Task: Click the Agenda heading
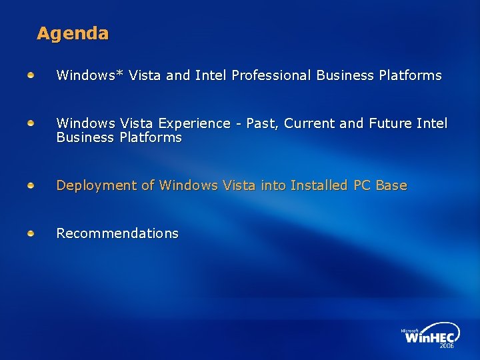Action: pyautogui.click(x=73, y=33)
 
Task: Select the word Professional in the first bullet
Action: pyautogui.click(x=271, y=75)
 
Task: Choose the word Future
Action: pyautogui.click(x=386, y=123)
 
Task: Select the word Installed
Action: pyautogui.click(x=317, y=185)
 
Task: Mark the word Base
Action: pyautogui.click(x=391, y=185)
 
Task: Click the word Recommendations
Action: pyautogui.click(x=117, y=233)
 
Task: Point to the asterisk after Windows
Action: pyautogui.click(x=119, y=73)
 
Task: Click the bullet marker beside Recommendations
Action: pyautogui.click(x=31, y=233)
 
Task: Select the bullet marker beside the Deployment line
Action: pyautogui.click(x=31, y=185)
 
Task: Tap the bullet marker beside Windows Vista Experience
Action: pyautogui.click(x=31, y=123)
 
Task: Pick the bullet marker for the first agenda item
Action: pyautogui.click(x=31, y=75)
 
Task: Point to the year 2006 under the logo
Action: pyautogui.click(x=446, y=346)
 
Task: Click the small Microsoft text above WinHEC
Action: pyautogui.click(x=409, y=330)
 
